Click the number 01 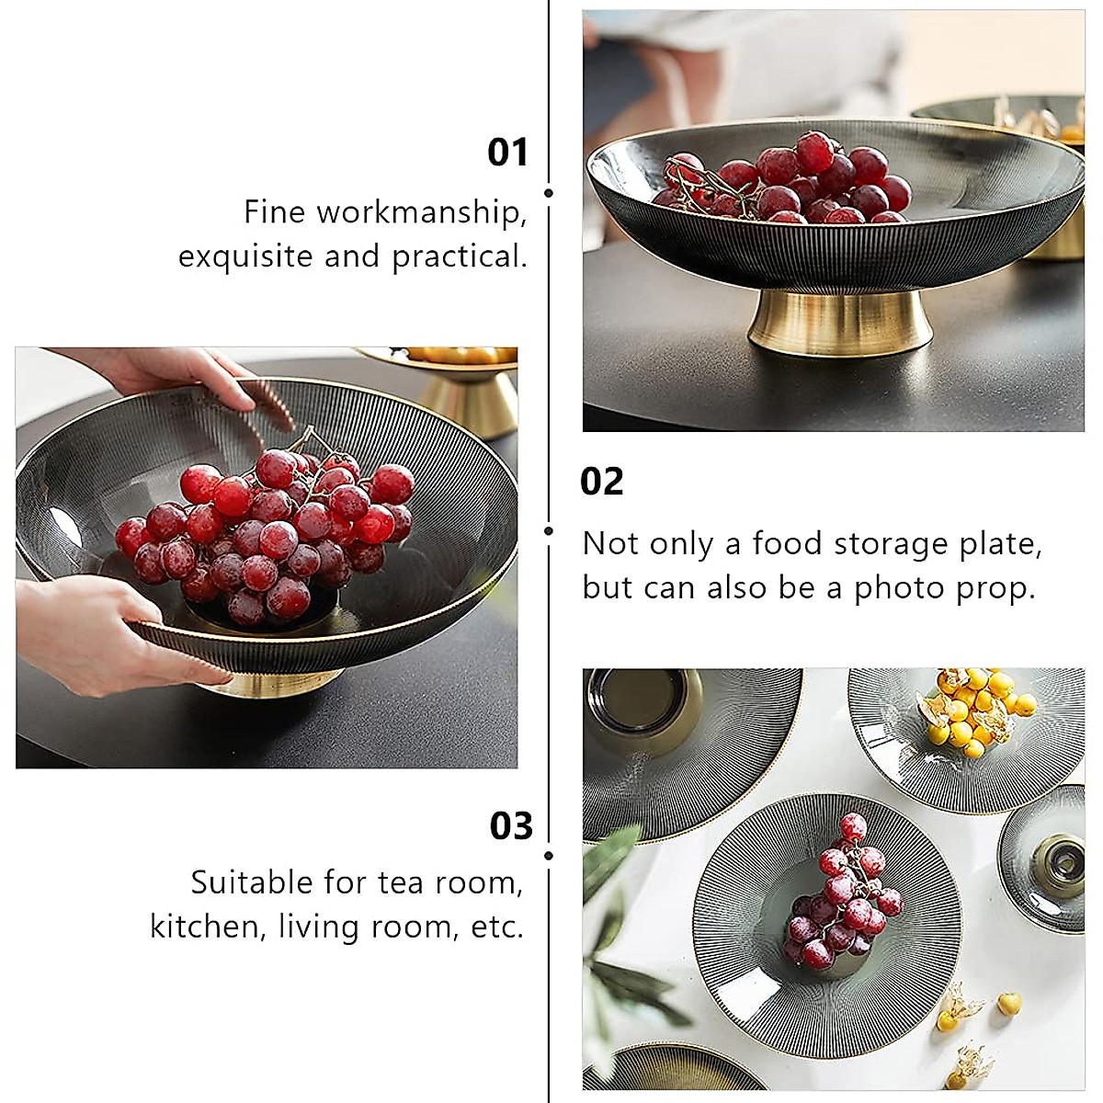click(507, 153)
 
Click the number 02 click(601, 482)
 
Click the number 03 click(511, 825)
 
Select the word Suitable click(252, 882)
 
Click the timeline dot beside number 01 click(549, 193)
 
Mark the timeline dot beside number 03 click(549, 856)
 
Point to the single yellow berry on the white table click(1009, 1001)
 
